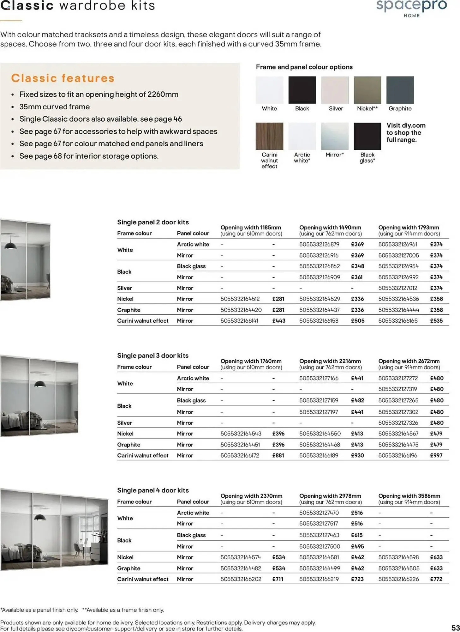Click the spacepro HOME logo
click(x=411, y=8)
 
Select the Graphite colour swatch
click(x=400, y=90)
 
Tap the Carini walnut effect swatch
click(x=269, y=136)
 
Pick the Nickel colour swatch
click(x=367, y=90)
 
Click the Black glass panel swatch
click(x=367, y=136)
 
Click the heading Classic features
click(x=63, y=78)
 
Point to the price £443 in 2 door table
click(x=278, y=321)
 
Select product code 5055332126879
click(x=319, y=244)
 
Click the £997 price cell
click(x=436, y=455)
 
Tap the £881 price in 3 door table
click(x=278, y=455)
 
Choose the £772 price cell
click(x=436, y=579)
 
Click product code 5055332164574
click(x=241, y=557)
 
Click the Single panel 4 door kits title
click(x=153, y=490)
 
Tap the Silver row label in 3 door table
click(x=125, y=423)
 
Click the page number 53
click(x=455, y=628)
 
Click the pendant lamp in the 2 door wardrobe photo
click(x=11, y=245)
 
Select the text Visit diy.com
click(x=406, y=125)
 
